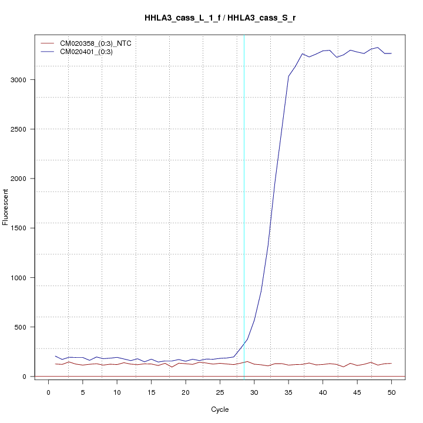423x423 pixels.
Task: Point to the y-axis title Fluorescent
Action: [6, 207]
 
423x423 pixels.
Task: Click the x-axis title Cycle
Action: [219, 409]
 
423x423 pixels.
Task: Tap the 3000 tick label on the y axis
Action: [19, 80]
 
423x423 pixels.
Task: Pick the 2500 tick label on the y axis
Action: [19, 129]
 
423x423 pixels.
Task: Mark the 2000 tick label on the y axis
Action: [19, 179]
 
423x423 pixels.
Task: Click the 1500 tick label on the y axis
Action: [19, 228]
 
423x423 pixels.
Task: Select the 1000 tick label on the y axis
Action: [19, 278]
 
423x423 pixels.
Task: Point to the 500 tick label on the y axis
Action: [21, 327]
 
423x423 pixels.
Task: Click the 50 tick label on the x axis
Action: [391, 392]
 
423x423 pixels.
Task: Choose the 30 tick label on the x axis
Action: [254, 392]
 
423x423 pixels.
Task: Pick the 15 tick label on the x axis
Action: [151, 392]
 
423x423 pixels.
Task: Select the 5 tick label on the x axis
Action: [82, 392]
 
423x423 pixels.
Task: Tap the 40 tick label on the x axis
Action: [323, 392]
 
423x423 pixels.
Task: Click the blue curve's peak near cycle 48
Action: [378, 48]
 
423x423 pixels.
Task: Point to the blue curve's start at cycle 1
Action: [55, 356]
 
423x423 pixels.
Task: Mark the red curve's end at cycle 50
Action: [391, 363]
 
